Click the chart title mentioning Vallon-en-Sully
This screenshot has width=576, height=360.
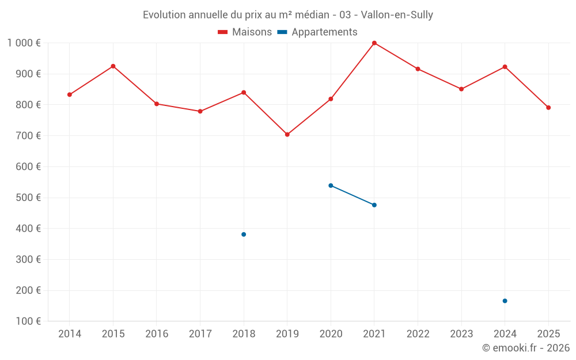(x=288, y=15)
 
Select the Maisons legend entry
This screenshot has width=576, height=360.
(x=245, y=32)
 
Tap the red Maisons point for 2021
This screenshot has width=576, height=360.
(x=374, y=43)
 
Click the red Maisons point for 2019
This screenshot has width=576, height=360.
(x=287, y=135)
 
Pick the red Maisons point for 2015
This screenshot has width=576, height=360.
(x=113, y=66)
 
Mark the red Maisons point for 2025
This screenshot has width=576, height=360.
(x=548, y=108)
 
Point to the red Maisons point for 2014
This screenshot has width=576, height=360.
(x=70, y=94)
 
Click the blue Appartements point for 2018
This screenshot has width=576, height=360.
(x=244, y=234)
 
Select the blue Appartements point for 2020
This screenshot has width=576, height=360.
(x=331, y=185)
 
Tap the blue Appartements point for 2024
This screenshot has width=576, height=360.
(x=505, y=301)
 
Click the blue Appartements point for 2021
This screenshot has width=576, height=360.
(x=374, y=205)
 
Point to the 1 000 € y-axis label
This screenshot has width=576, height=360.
(x=24, y=43)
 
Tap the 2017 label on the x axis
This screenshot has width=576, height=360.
(x=200, y=334)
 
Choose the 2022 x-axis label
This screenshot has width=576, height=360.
(x=418, y=334)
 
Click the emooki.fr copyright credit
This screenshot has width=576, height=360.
(x=526, y=348)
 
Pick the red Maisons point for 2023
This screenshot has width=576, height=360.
(x=461, y=89)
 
